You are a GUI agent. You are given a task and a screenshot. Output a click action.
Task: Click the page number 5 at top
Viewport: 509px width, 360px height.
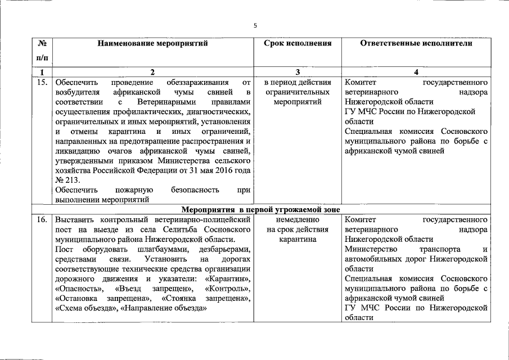[255, 25]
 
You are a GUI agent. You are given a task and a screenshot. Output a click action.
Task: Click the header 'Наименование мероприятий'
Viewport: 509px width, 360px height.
[152, 43]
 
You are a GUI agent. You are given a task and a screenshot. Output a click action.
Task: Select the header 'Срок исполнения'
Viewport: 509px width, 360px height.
[298, 43]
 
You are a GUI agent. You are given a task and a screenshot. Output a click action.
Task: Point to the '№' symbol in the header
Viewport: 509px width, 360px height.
[42, 43]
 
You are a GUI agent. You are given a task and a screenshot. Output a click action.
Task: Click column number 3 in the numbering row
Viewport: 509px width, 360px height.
[298, 71]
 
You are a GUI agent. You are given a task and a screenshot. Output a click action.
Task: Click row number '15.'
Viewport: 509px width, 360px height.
[42, 82]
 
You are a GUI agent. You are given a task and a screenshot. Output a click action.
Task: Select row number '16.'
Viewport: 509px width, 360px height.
[42, 219]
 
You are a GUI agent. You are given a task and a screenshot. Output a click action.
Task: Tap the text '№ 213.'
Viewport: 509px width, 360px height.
[69, 180]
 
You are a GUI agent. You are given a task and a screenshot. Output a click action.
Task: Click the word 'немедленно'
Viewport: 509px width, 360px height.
[298, 219]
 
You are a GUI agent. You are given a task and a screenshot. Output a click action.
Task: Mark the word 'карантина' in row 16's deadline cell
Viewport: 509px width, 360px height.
[298, 239]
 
